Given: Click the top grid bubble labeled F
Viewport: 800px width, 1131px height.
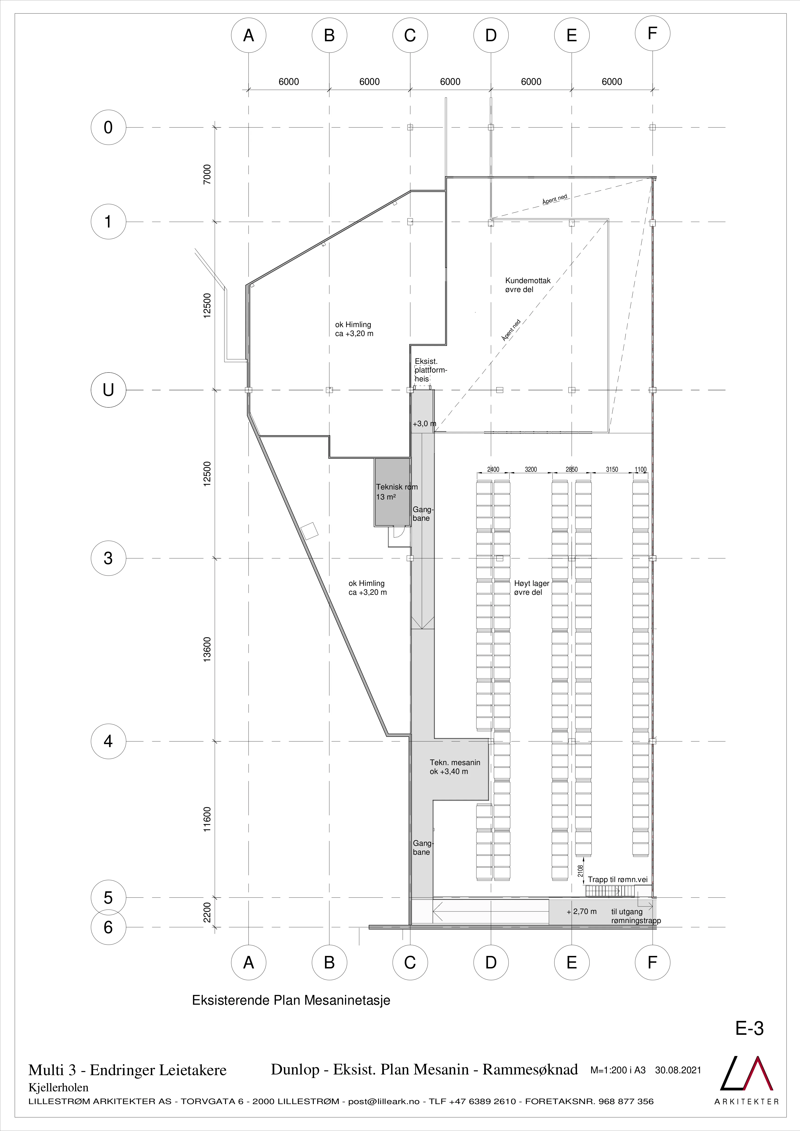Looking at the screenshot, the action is pyautogui.click(x=652, y=33).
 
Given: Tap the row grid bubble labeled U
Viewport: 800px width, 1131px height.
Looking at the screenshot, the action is pyautogui.click(x=108, y=390).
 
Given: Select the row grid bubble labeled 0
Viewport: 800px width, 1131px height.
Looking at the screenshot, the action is pyautogui.click(x=108, y=128).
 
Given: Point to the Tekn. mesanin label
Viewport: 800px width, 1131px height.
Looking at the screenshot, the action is pyautogui.click(x=455, y=767).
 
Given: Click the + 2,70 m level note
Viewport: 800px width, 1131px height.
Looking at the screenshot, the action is pyautogui.click(x=582, y=911).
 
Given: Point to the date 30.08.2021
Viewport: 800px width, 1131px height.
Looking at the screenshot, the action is pyautogui.click(x=678, y=1070).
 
